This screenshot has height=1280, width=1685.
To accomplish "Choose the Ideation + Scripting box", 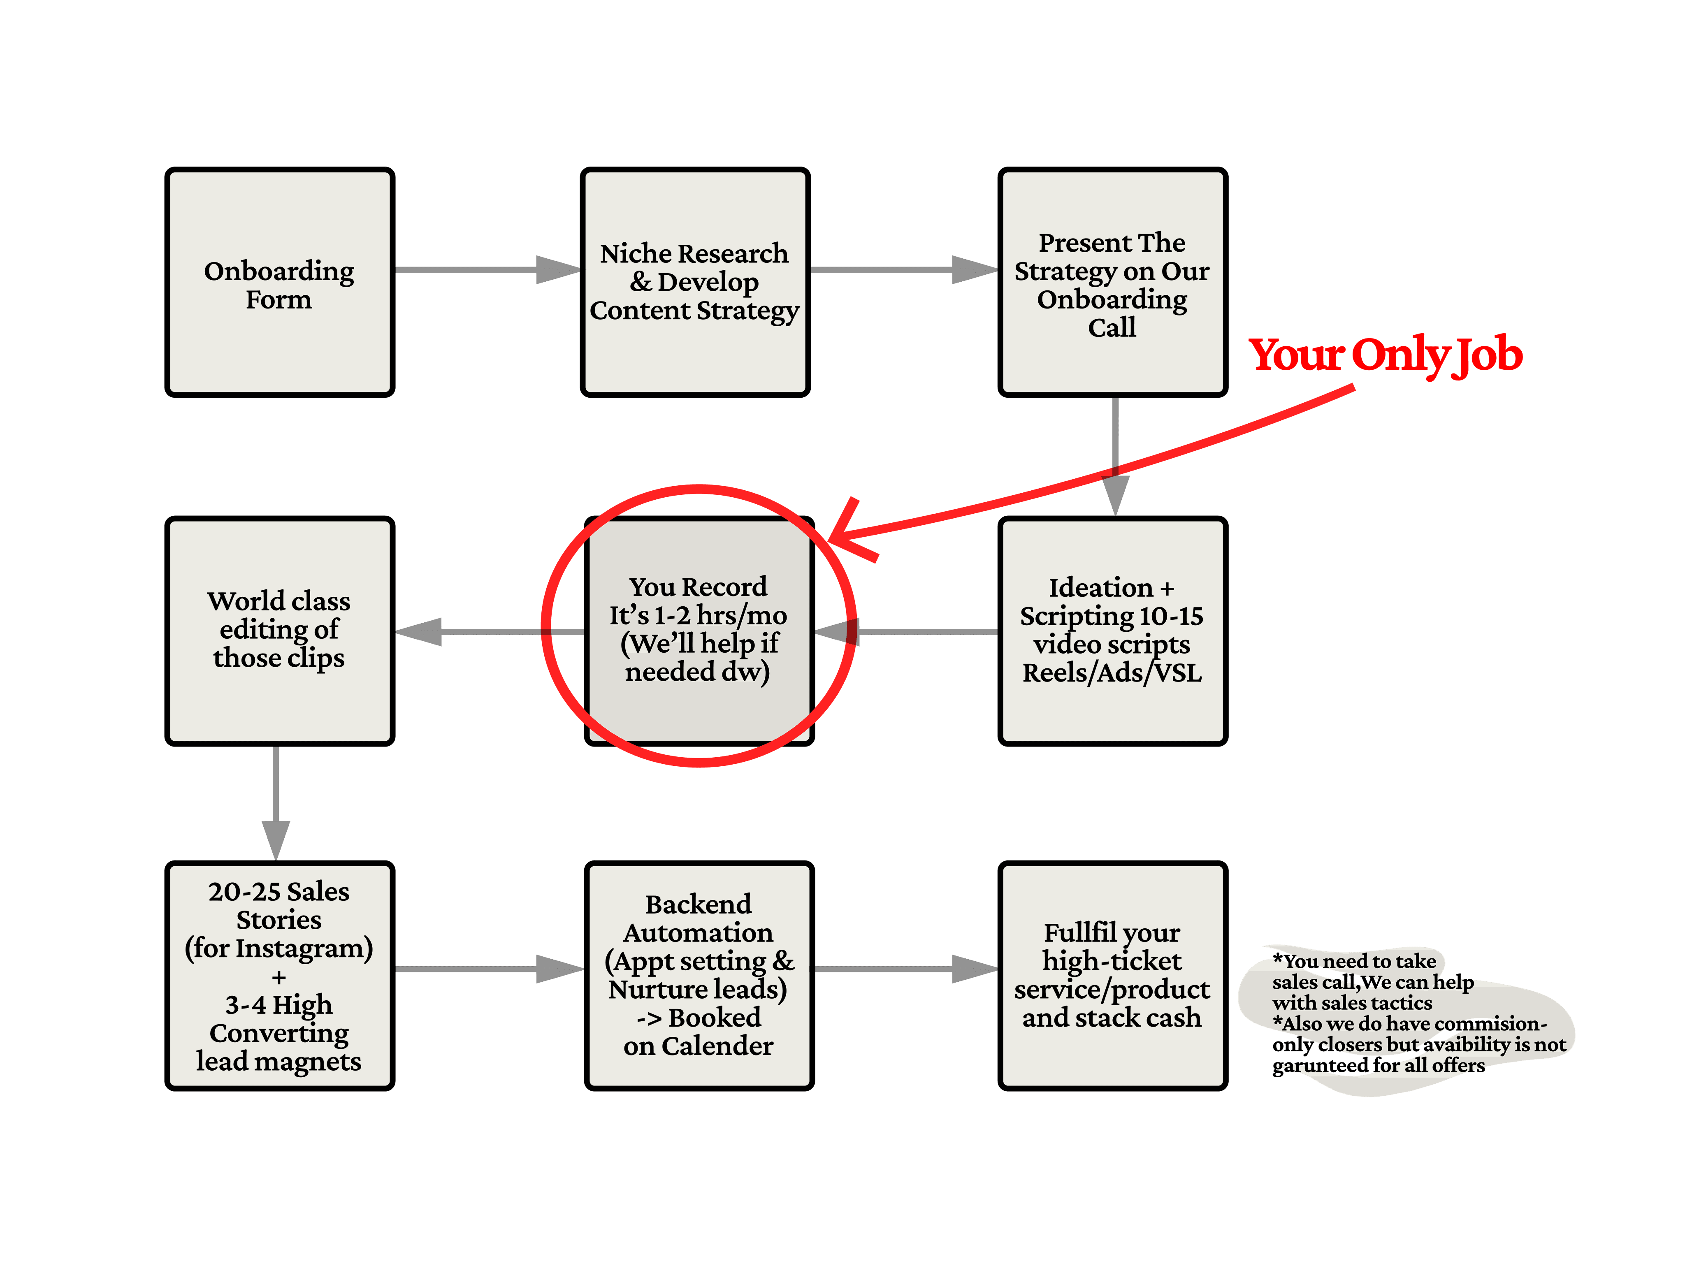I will [x=1112, y=631].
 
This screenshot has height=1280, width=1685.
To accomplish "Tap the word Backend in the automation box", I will [x=698, y=904].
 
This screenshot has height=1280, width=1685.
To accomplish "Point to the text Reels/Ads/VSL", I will [x=1112, y=673].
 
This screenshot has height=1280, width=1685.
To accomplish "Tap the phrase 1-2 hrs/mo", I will [x=720, y=615].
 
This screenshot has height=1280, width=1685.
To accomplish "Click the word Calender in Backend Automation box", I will [x=717, y=1046].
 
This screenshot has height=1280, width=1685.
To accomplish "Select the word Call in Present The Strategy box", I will [x=1112, y=328].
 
